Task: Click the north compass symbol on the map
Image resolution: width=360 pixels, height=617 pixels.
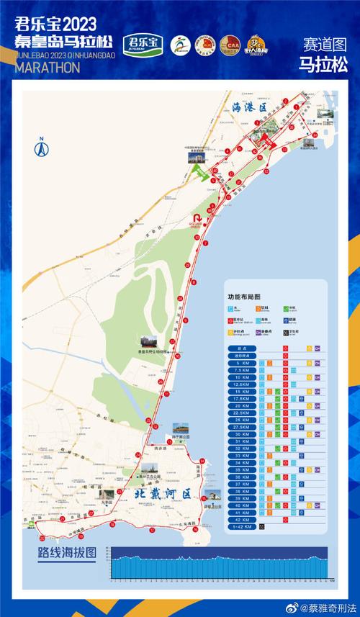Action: [41, 148]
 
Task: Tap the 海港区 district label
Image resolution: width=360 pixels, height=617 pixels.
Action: [250, 107]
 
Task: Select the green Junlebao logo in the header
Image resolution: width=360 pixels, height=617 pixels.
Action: [144, 44]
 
